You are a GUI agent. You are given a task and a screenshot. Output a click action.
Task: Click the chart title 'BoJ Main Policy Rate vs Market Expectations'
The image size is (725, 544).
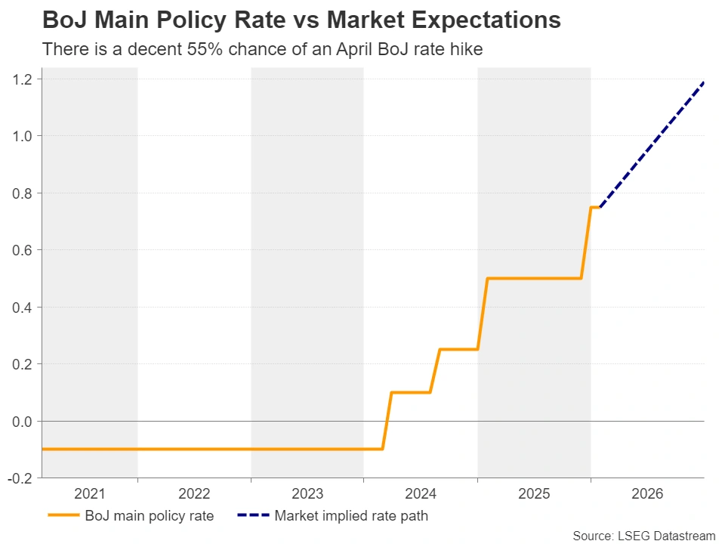301,20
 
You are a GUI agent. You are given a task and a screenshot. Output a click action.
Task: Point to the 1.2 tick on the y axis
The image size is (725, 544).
21,79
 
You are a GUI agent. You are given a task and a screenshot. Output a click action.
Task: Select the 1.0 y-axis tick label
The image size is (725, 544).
21,136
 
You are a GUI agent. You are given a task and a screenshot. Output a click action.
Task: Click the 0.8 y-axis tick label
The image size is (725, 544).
21,193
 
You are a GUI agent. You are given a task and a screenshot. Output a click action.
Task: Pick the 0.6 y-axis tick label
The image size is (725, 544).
21,250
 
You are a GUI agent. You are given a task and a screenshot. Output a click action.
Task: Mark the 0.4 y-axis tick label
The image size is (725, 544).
21,308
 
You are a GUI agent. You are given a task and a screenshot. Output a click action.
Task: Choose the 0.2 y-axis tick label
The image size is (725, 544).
21,364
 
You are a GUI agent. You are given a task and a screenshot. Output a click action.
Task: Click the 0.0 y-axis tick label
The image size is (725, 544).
21,421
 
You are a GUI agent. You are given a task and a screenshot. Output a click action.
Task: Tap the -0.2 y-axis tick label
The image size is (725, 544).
20,478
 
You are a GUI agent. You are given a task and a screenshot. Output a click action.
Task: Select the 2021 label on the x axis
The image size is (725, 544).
90,494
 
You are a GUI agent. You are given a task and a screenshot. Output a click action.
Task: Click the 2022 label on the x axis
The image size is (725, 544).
194,494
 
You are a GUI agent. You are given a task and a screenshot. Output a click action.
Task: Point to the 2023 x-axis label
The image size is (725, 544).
307,494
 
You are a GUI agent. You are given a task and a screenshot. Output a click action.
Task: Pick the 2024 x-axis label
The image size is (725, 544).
421,494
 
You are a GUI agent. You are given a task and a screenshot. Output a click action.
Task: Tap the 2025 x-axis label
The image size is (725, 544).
534,494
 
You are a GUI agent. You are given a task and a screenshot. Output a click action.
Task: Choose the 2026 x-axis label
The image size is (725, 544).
647,494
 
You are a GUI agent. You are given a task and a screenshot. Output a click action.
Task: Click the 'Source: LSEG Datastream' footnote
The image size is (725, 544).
643,536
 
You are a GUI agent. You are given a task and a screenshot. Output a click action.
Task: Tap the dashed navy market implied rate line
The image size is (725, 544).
651,144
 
